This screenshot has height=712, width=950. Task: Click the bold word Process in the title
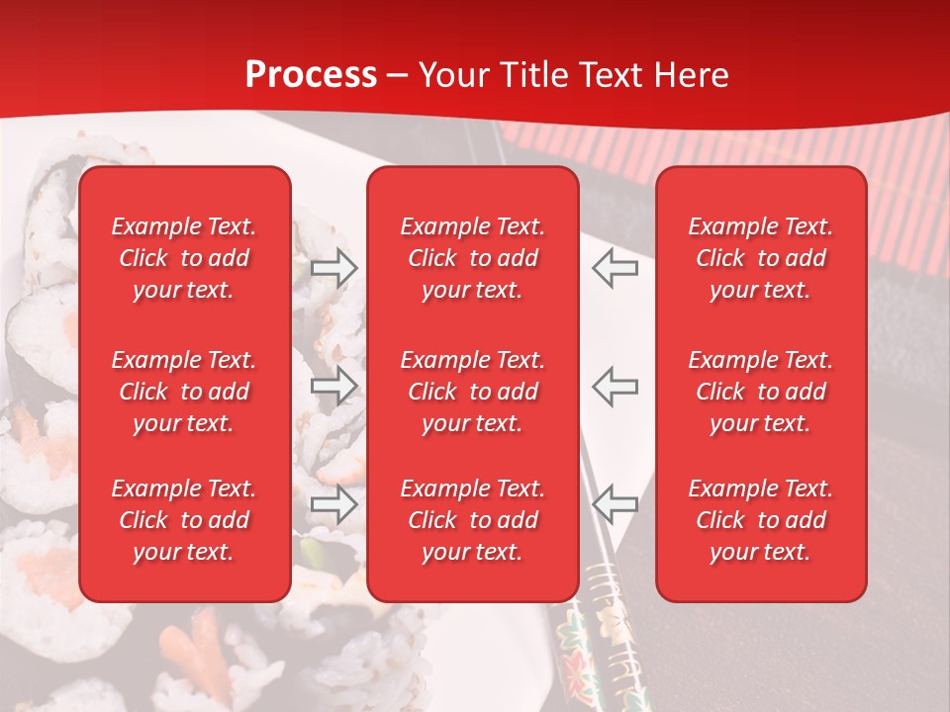click(x=311, y=75)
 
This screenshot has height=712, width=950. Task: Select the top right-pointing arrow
click(x=334, y=268)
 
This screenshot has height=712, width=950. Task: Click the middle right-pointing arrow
click(x=334, y=386)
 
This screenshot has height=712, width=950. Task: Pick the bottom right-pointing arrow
click(x=334, y=505)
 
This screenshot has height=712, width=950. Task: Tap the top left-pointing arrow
click(x=616, y=268)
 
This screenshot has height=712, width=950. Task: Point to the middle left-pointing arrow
click(x=616, y=386)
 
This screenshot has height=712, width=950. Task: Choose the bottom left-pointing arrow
click(x=616, y=505)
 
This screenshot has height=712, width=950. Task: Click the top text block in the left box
click(x=184, y=258)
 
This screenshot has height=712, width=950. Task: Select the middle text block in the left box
click(x=184, y=392)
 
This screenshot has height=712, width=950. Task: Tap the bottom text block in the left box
click(x=184, y=520)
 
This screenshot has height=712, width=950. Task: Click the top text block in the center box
click(x=473, y=258)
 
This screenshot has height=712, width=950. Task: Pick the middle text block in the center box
click(x=473, y=392)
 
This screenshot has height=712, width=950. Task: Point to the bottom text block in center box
click(x=473, y=520)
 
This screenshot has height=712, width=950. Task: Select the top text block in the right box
click(x=761, y=258)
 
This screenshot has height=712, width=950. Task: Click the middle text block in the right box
click(x=761, y=392)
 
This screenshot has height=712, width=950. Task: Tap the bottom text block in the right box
click(x=761, y=520)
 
